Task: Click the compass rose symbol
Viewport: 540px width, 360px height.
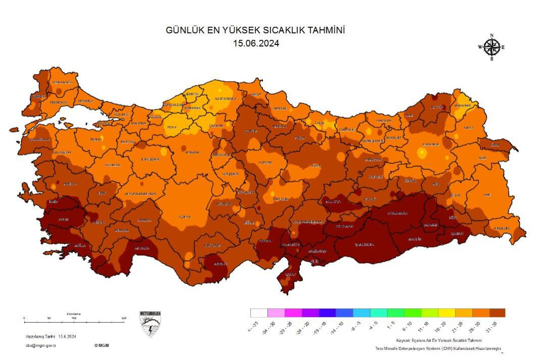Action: (x=491, y=48)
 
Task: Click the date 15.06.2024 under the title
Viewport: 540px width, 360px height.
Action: (x=256, y=43)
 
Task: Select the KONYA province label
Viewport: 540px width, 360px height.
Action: (x=185, y=216)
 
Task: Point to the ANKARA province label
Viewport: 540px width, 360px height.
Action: (x=192, y=152)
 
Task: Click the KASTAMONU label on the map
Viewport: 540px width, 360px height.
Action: (x=225, y=99)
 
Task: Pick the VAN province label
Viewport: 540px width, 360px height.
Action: (x=487, y=195)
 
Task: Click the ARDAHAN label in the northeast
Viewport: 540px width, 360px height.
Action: (x=462, y=105)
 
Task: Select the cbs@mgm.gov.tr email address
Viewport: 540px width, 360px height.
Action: (x=40, y=345)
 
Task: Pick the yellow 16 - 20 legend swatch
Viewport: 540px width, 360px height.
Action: (x=446, y=313)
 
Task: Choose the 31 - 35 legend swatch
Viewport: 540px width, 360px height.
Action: (x=497, y=313)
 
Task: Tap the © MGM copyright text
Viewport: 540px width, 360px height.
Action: (x=101, y=345)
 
